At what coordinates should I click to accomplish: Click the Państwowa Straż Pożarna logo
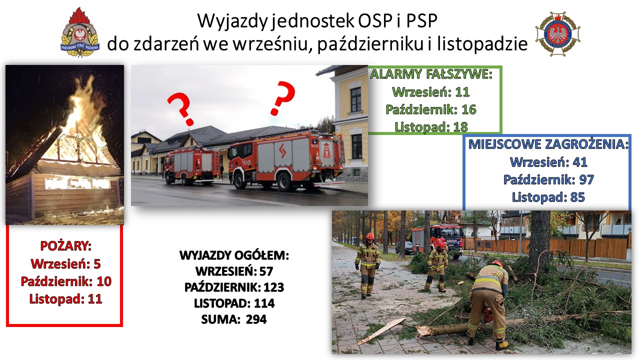pyautogui.click(x=80, y=32)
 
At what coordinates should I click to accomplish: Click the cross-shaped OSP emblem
pyautogui.click(x=557, y=33)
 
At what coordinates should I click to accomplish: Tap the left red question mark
pyautogui.click(x=181, y=108)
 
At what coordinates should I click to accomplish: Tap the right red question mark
pyautogui.click(x=282, y=97)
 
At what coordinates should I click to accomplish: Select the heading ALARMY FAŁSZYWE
pyautogui.click(x=431, y=74)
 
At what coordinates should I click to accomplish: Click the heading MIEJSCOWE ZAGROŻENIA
pyautogui.click(x=548, y=144)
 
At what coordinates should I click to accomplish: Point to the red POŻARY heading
pyautogui.click(x=65, y=246)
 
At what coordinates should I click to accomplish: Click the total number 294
pyautogui.click(x=256, y=319)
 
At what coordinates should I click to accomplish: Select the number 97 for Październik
pyautogui.click(x=587, y=179)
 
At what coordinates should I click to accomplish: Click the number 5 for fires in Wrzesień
pyautogui.click(x=97, y=263)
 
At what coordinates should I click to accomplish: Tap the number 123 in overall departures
pyautogui.click(x=273, y=287)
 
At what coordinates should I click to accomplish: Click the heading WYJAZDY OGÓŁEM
pyautogui.click(x=234, y=255)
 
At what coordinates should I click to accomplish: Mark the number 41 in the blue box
pyautogui.click(x=580, y=162)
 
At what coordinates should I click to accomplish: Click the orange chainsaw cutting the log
pyautogui.click(x=486, y=314)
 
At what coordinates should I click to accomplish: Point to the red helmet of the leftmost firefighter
pyautogui.click(x=369, y=236)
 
